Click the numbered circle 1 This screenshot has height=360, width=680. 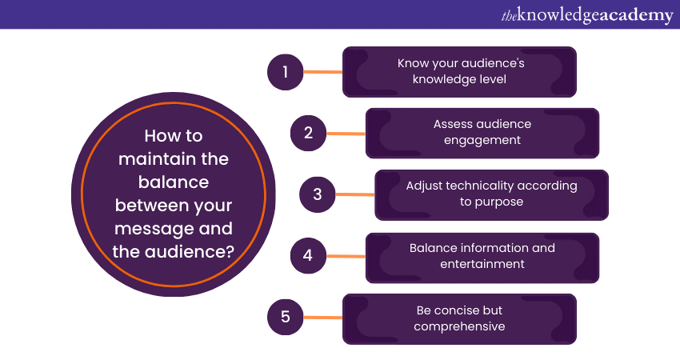(285, 72)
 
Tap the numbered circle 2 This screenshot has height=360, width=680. (308, 133)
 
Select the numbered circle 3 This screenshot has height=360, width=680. (318, 194)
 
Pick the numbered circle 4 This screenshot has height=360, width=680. (308, 257)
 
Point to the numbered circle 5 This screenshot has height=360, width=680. (285, 318)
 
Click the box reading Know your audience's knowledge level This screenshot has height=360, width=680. (459, 72)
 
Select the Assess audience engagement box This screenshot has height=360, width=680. (482, 133)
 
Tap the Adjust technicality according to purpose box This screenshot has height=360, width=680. (491, 194)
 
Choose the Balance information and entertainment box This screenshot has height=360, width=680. (482, 257)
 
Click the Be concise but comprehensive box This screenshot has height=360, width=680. (459, 318)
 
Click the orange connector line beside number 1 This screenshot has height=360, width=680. (322, 72)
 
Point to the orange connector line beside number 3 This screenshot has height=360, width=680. (355, 194)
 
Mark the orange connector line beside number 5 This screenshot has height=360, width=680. (322, 318)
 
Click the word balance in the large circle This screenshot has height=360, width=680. (174, 182)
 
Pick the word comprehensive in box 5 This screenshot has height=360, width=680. (459, 326)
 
